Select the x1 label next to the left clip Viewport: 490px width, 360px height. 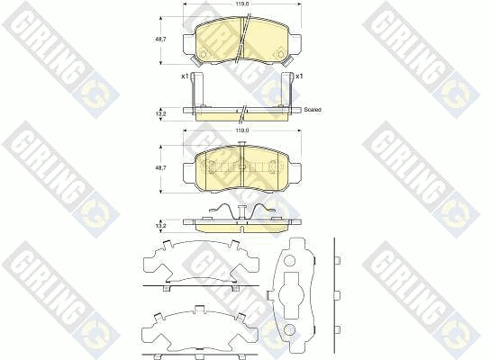(x=184, y=76)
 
